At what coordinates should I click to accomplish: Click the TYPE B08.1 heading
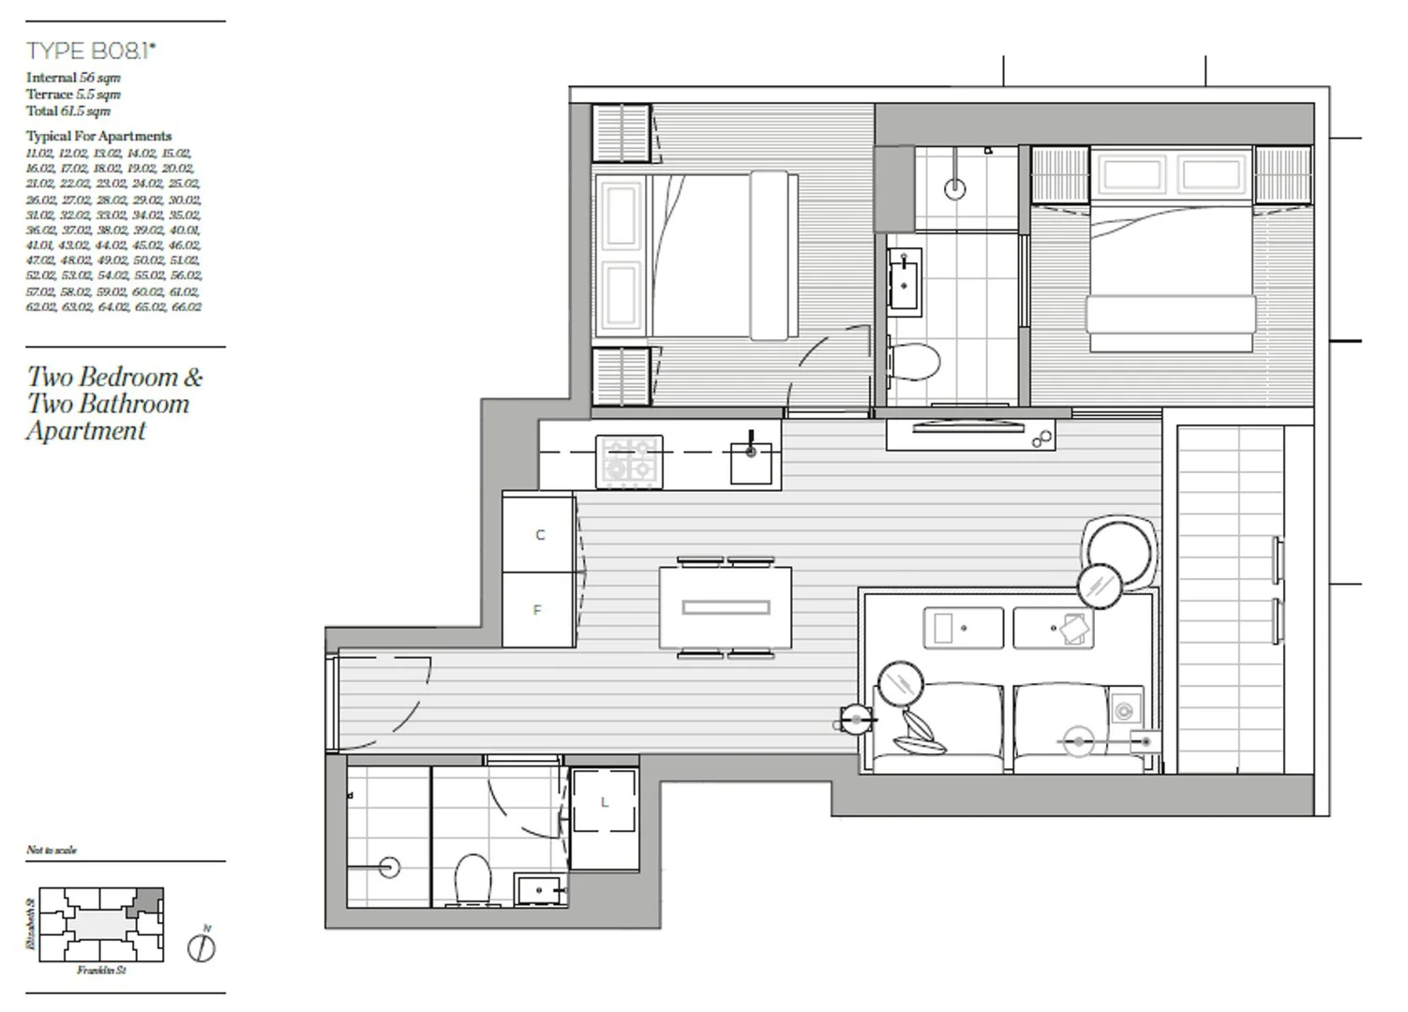[91, 51]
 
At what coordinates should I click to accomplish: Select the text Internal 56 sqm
[73, 78]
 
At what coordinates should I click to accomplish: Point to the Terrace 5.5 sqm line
[73, 94]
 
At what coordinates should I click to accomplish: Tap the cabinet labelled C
[539, 535]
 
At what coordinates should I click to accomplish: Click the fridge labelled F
[538, 610]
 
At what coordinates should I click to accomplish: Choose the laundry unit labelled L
[605, 802]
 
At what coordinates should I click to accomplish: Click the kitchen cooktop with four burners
[629, 461]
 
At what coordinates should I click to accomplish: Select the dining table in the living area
[726, 608]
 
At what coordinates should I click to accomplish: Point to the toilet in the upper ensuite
[914, 360]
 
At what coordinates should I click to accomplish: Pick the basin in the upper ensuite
[906, 279]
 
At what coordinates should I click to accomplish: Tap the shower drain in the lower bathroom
[388, 867]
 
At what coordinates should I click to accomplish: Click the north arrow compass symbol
[202, 947]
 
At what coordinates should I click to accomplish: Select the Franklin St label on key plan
[101, 971]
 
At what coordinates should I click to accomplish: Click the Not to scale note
[52, 850]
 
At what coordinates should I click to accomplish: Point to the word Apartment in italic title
[86, 431]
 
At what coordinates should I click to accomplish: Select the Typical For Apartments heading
[98, 136]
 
